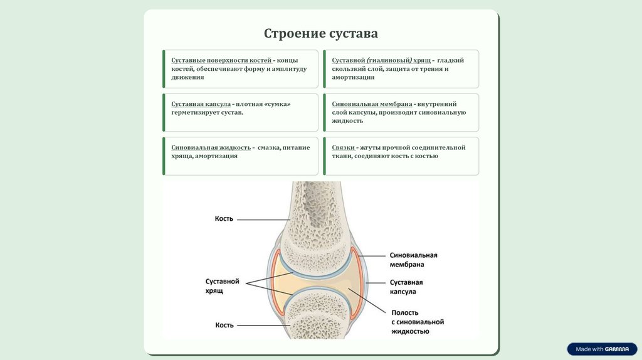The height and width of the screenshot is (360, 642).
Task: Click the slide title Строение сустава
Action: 320,33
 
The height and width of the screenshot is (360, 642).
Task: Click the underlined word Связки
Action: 344,148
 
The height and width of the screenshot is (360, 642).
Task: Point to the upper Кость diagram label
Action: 224,219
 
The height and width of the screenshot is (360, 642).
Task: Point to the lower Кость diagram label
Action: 224,325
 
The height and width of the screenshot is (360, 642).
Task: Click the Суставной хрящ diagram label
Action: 223,287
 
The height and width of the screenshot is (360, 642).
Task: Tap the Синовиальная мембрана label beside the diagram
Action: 413,260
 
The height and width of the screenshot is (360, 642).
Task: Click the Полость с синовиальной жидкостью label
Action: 417,322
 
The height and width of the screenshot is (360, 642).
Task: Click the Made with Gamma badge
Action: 601,349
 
